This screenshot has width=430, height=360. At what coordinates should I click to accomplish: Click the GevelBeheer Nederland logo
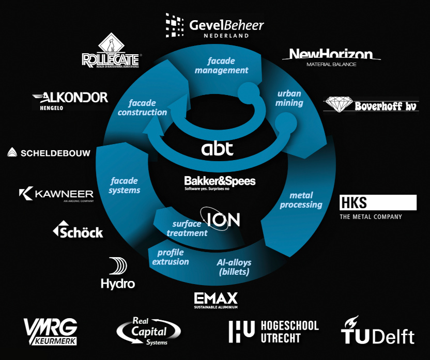(214, 26)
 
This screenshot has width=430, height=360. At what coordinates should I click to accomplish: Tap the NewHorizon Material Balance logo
(331, 57)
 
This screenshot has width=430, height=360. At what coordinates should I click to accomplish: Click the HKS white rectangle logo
(378, 202)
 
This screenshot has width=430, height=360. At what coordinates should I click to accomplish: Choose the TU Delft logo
(378, 331)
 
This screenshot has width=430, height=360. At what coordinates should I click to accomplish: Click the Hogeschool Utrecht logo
(273, 332)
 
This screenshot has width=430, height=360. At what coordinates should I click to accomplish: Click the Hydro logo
(118, 274)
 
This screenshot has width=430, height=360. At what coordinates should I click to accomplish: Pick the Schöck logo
(78, 230)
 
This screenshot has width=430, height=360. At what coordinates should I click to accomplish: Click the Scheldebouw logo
(49, 152)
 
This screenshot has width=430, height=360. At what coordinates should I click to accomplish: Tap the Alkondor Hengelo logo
(70, 99)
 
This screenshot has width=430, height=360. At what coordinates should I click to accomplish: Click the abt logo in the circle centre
(217, 149)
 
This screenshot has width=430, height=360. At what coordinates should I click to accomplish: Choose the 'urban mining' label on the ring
(289, 98)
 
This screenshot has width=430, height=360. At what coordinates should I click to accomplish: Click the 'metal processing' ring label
(301, 200)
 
